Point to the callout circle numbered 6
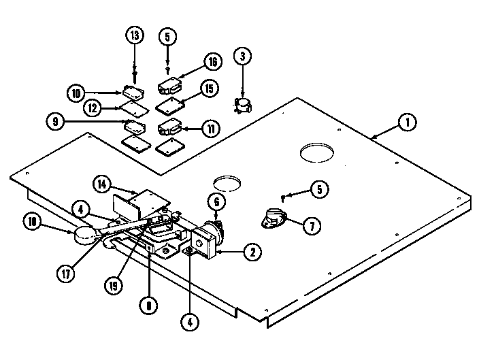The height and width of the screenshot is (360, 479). (x=216, y=202)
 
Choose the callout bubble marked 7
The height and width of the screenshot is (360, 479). (x=310, y=226)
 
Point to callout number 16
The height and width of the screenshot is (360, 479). (x=211, y=63)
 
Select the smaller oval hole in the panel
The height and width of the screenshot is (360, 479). (x=227, y=182)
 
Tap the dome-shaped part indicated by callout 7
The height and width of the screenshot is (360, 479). (x=272, y=219)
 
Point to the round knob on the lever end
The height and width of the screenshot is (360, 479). (x=86, y=235)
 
